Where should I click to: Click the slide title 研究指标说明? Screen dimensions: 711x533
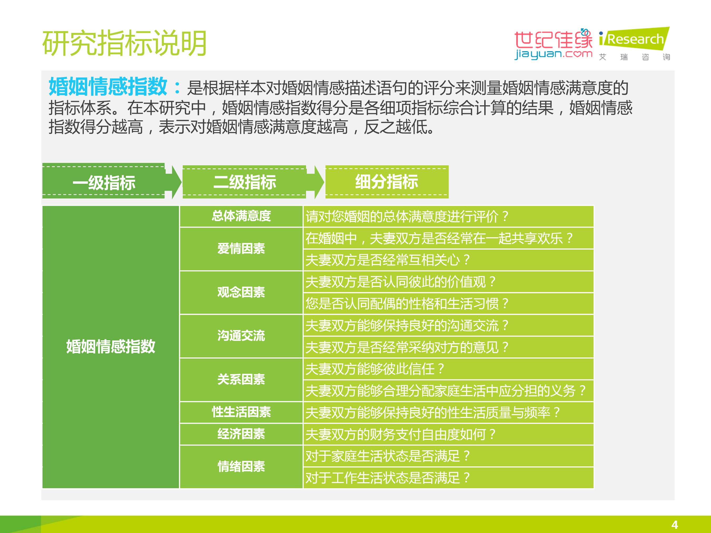point(124,44)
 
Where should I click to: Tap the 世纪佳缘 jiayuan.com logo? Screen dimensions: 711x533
point(553,44)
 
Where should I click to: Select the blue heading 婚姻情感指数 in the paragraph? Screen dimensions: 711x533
point(108,87)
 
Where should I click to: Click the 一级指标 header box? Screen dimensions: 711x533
point(104,182)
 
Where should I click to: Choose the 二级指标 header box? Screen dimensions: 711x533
point(244,182)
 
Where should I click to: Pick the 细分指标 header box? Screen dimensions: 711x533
point(387,182)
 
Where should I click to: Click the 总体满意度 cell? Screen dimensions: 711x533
point(241,216)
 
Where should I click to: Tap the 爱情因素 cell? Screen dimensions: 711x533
point(241,249)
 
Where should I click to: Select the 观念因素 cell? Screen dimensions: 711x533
point(241,293)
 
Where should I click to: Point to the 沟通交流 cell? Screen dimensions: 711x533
point(241,336)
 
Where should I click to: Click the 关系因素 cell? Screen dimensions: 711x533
point(241,380)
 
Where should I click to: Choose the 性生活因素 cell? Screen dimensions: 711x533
point(241,412)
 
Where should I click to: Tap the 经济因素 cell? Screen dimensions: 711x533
point(241,434)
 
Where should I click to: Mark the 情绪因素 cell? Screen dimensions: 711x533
point(241,467)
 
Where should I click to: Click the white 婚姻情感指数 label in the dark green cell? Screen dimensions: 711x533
point(111,347)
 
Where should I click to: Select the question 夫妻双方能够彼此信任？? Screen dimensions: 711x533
point(375,369)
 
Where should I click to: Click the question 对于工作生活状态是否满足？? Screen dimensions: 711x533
point(388,478)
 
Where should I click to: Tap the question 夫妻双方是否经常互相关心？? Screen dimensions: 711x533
point(388,260)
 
